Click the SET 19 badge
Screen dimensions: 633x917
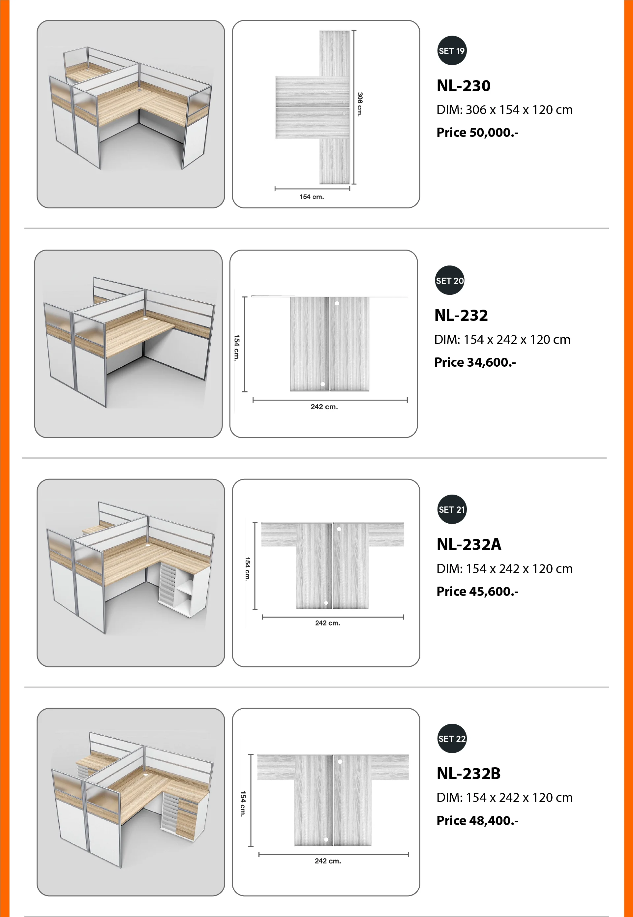click(x=452, y=51)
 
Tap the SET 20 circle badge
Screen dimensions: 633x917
click(x=449, y=280)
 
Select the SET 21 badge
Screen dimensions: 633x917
click(x=452, y=510)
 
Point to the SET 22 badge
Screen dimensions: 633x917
click(x=452, y=739)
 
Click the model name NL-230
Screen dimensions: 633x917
click(x=463, y=86)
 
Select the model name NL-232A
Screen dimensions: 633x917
click(x=469, y=545)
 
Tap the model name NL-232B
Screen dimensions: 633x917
click(x=468, y=774)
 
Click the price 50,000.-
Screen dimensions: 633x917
click(x=494, y=133)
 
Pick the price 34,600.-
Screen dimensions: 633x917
click(x=492, y=362)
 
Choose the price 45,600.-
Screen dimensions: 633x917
click(x=494, y=591)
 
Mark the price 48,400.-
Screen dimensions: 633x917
click(x=494, y=820)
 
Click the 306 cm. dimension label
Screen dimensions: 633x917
click(x=360, y=104)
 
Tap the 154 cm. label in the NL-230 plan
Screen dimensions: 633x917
click(x=312, y=197)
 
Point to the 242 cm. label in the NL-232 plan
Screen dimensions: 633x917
click(x=324, y=407)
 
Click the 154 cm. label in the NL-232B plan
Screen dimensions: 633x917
click(x=243, y=804)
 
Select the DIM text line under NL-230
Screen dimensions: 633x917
click(x=504, y=110)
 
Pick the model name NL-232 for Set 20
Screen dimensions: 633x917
click(x=461, y=315)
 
